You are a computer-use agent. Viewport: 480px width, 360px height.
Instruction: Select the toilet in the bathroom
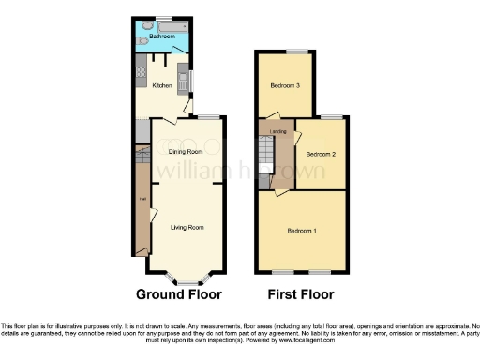[x=141, y=41]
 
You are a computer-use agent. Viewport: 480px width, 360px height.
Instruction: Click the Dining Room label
[x=186, y=151]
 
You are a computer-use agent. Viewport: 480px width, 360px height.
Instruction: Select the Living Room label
[x=187, y=227]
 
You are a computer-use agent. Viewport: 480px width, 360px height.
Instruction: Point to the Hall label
[x=142, y=199]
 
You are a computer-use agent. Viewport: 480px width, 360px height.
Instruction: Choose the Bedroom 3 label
[x=285, y=85]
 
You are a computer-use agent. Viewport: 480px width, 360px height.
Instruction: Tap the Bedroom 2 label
[x=320, y=154]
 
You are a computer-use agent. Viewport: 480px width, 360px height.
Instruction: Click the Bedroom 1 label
[x=301, y=231]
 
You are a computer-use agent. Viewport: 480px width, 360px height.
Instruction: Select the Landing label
[x=277, y=131]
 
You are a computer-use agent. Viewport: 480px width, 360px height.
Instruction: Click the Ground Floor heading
[x=179, y=293]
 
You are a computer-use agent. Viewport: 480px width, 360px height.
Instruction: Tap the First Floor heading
[x=301, y=293]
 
